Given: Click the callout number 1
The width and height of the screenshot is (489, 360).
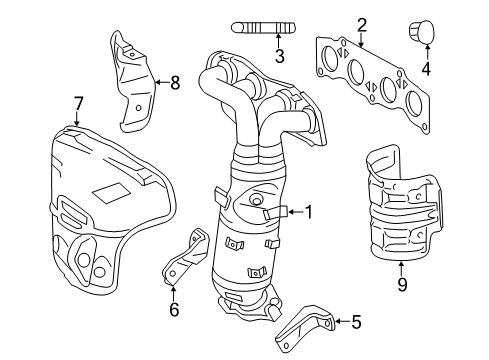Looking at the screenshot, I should (x=308, y=211).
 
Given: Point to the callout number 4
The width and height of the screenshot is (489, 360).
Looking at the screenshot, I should (x=425, y=69).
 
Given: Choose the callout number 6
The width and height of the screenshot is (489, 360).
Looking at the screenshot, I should (x=173, y=309).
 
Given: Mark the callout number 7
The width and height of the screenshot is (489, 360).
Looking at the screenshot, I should (x=77, y=102).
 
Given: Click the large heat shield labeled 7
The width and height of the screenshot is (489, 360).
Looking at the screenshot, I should (x=90, y=200).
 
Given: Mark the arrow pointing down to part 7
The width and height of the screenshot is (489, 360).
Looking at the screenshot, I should (x=77, y=119).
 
